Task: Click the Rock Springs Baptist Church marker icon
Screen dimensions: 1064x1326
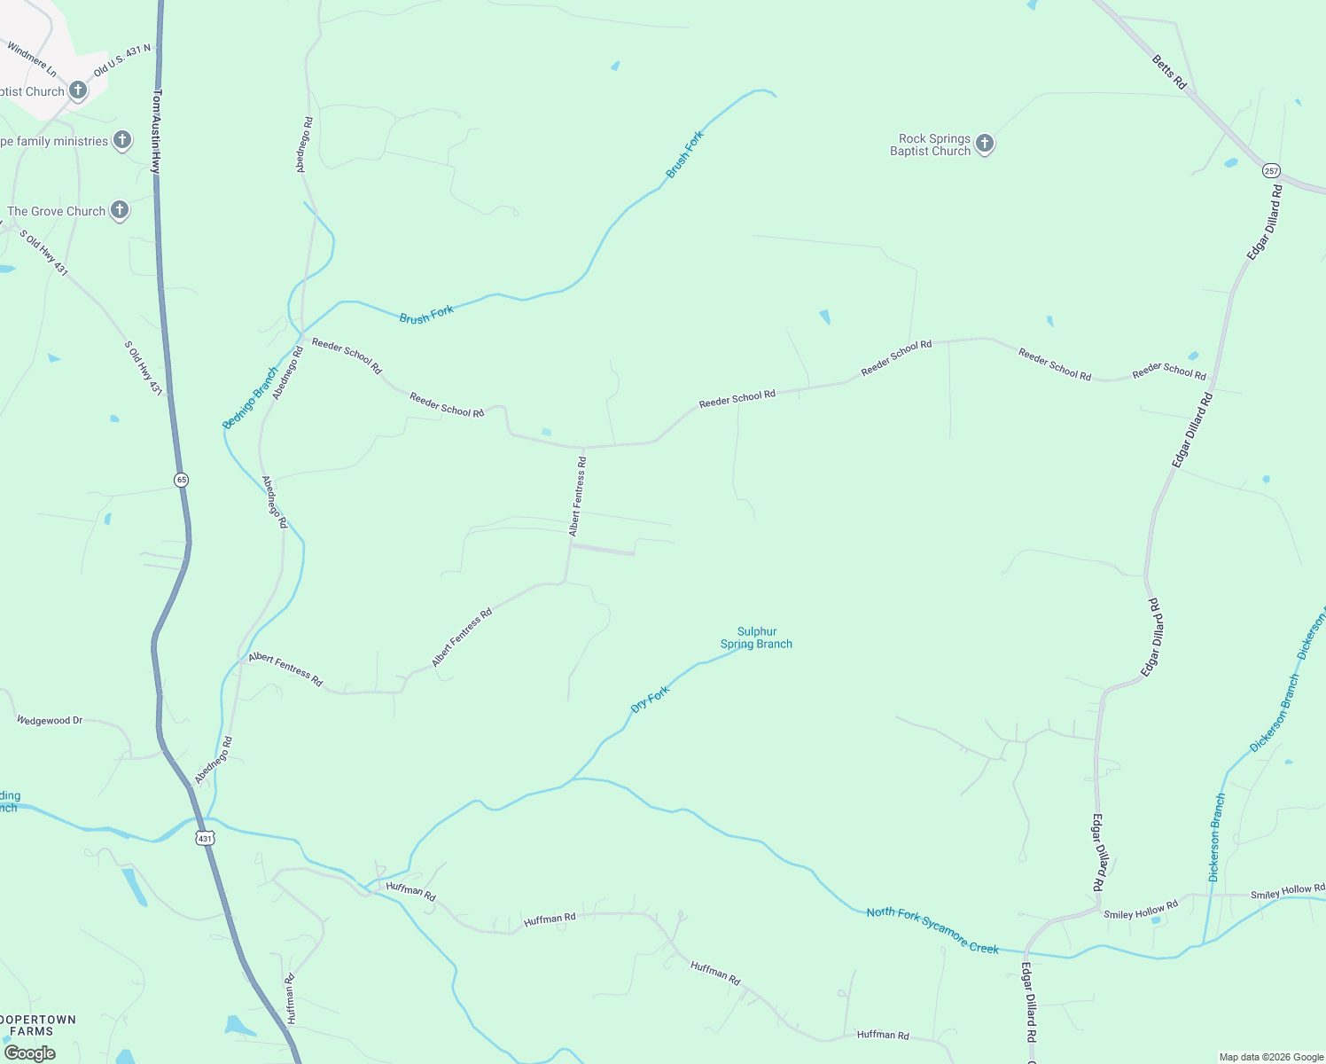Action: pos(984,144)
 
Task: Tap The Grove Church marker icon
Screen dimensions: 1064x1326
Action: pos(120,210)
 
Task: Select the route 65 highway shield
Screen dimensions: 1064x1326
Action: pos(182,480)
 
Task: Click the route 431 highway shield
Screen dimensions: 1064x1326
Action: pos(205,838)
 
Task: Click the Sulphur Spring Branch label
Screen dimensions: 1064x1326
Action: pos(756,638)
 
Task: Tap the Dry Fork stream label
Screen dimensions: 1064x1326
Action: pos(650,699)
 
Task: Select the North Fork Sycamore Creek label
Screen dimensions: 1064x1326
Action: pos(932,930)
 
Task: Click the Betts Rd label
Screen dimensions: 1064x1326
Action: pos(1169,72)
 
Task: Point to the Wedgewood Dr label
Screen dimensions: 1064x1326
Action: pos(50,721)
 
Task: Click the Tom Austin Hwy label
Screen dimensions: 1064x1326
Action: pos(157,129)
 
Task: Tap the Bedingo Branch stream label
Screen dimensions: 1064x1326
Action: pos(250,398)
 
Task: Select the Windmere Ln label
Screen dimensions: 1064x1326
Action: pos(32,59)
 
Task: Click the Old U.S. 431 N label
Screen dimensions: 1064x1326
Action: pos(122,60)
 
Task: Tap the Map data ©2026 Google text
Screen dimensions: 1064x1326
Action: pos(1271,1057)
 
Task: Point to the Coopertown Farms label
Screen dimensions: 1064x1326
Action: pos(39,1025)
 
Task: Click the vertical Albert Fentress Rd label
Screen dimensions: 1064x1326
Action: pos(578,497)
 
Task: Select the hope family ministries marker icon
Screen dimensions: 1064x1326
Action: pos(122,140)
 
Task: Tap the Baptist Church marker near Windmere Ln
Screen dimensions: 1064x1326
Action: pos(78,90)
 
